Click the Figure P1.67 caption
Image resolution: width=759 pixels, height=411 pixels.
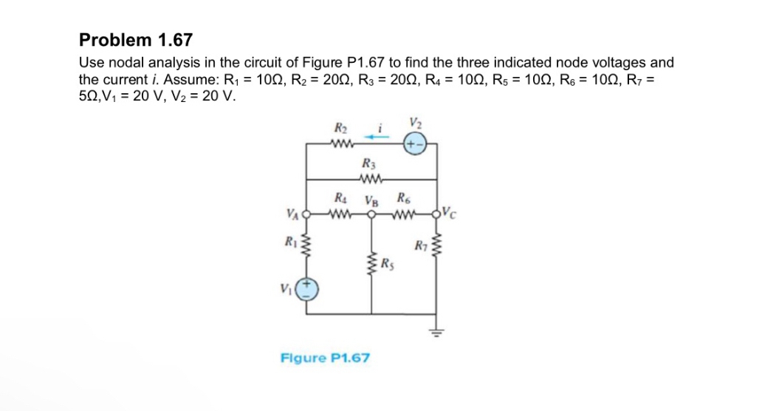[326, 358]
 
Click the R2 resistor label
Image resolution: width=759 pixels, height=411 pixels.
[340, 129]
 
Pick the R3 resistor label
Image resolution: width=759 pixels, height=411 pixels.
[368, 163]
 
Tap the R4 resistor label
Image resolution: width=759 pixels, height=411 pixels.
[340, 199]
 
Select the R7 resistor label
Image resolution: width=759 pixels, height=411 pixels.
[421, 245]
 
